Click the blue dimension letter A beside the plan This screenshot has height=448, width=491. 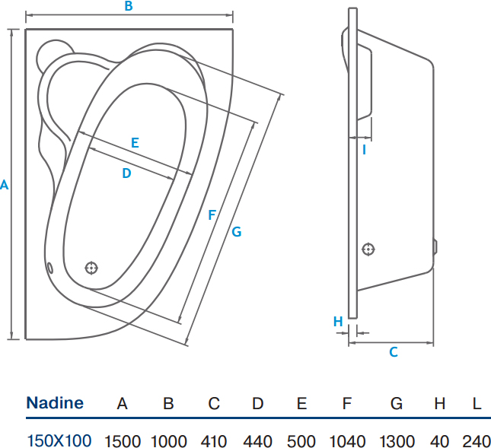[4, 185]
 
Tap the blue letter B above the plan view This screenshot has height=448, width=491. [129, 6]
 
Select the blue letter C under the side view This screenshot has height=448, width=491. [394, 352]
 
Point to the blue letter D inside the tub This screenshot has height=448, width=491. [126, 173]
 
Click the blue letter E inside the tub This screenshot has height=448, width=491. [135, 143]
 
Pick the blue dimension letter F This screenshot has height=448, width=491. [212, 215]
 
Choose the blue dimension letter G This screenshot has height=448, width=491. [237, 232]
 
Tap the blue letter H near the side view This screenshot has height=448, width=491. [338, 321]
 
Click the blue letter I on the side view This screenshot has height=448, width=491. [364, 150]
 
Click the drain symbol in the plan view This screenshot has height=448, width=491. [91, 268]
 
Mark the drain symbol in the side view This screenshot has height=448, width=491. [368, 249]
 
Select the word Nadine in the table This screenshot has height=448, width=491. [55, 402]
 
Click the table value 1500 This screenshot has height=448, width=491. [122, 441]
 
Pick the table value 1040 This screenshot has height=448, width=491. [347, 441]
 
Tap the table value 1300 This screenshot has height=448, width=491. [397, 441]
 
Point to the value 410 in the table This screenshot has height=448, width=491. [214, 441]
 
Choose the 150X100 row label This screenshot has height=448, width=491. [59, 441]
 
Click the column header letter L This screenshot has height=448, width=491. [477, 404]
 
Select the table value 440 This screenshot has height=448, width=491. [258, 441]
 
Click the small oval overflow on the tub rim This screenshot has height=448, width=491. [49, 268]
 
